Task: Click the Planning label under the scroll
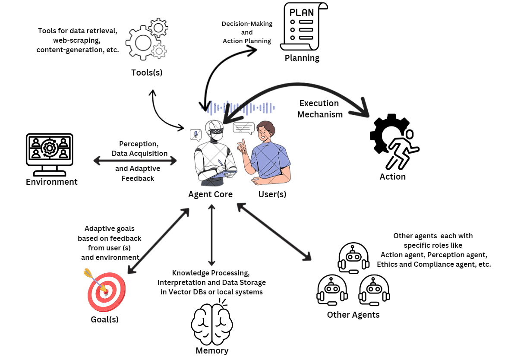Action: click(x=302, y=58)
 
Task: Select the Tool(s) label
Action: click(x=147, y=72)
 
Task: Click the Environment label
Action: click(x=51, y=182)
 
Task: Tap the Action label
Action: click(x=392, y=177)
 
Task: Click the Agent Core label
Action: click(x=210, y=194)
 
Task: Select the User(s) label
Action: click(x=272, y=194)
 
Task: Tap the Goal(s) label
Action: click(x=104, y=319)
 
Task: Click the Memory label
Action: click(x=211, y=351)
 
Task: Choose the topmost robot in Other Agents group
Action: click(x=353, y=258)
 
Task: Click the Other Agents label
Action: click(x=353, y=315)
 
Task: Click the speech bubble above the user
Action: click(x=243, y=128)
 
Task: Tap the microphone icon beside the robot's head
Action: click(x=196, y=135)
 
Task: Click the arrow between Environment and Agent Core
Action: click(x=135, y=161)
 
